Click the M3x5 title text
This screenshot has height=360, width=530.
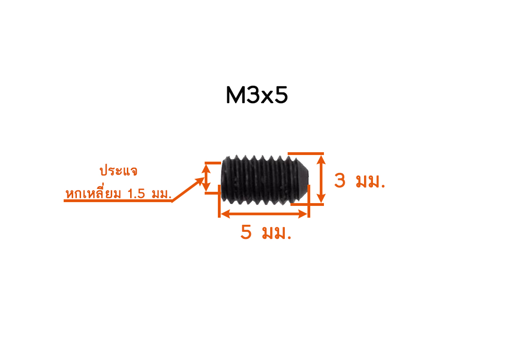[x=257, y=95]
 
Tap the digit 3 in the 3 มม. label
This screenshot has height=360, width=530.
[x=340, y=180]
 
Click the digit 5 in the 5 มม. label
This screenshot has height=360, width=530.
[x=246, y=232]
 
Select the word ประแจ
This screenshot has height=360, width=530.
[x=118, y=171]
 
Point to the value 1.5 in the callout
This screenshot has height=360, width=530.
[x=136, y=194]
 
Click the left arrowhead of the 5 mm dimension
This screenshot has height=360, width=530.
[x=225, y=213]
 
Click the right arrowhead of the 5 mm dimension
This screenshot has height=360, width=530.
[x=303, y=213]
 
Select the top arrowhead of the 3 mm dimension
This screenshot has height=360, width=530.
[x=321, y=159]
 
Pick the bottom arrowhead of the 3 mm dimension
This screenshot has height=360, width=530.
[x=321, y=198]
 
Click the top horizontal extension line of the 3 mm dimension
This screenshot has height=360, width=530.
[x=306, y=154]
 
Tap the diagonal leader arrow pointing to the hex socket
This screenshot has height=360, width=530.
[x=187, y=189]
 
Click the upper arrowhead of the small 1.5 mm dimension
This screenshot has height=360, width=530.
[x=207, y=169]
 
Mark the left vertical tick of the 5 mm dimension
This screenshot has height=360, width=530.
[x=219, y=201]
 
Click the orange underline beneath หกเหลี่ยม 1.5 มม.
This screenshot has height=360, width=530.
[x=118, y=201]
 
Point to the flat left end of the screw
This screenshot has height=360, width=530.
[x=222, y=179]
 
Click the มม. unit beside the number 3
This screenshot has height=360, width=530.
[x=371, y=182]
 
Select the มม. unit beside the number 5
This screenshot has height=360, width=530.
[x=277, y=233]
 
